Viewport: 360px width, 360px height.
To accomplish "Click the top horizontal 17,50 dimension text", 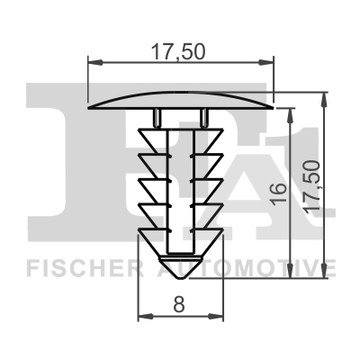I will (179, 51).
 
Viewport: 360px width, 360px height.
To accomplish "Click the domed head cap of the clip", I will (180, 100).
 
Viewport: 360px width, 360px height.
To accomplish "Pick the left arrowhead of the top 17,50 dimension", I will (92, 62).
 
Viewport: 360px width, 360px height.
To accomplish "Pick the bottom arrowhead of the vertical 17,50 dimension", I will (322, 275).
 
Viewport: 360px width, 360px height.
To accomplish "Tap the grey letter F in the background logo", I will (45, 162).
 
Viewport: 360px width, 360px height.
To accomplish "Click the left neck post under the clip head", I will (157, 118).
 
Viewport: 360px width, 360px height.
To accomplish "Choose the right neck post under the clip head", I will (204, 118).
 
